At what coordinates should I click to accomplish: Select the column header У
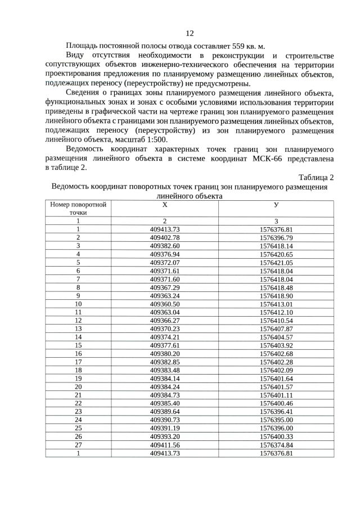click(276, 205)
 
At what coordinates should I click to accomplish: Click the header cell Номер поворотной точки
click(78, 209)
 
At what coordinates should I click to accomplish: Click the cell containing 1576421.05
click(276, 263)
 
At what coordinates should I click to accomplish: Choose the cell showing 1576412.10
click(276, 312)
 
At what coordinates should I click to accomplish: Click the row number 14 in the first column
click(78, 337)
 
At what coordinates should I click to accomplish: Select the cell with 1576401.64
click(276, 378)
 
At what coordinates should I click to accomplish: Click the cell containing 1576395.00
click(276, 420)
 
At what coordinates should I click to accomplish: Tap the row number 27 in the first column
click(78, 444)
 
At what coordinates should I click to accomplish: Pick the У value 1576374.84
click(276, 444)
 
